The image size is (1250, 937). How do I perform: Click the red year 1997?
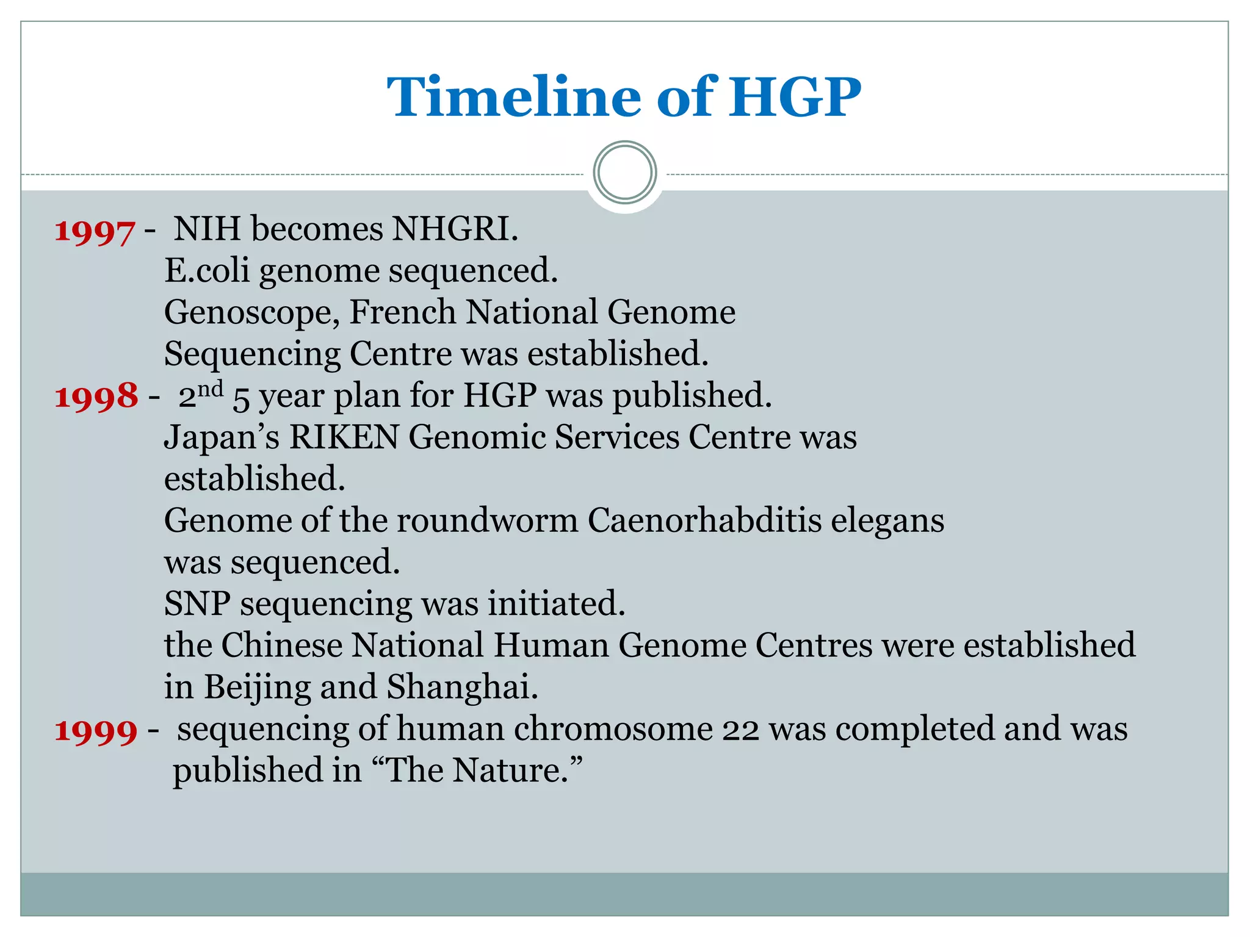pyautogui.click(x=95, y=232)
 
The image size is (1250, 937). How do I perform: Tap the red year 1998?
pyautogui.click(x=96, y=397)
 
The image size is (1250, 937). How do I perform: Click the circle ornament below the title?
pyautogui.click(x=625, y=173)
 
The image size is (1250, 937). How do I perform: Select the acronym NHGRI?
pyautogui.click(x=455, y=229)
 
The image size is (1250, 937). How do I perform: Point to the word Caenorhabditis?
pyautogui.click(x=704, y=520)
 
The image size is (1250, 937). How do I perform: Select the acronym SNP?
pyautogui.click(x=197, y=604)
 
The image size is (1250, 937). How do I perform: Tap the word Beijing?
pyautogui.click(x=257, y=687)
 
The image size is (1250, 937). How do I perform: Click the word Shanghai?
pyautogui.click(x=462, y=686)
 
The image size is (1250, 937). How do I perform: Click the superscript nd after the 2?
pyautogui.click(x=211, y=389)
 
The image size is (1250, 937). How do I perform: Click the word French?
pyautogui.click(x=403, y=312)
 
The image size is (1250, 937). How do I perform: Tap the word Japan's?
pyautogui.click(x=222, y=438)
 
